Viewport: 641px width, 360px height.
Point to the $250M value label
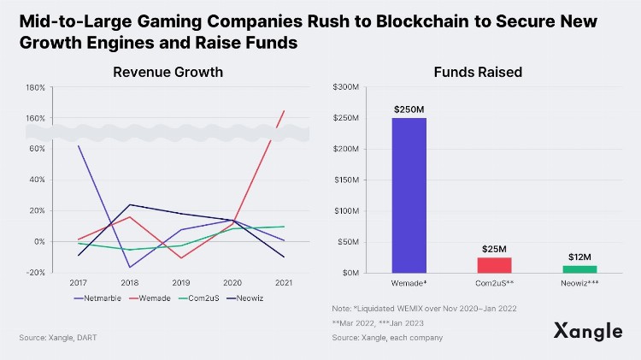(x=409, y=110)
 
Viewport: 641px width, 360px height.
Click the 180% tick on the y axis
(x=35, y=87)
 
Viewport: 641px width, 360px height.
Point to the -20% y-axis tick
(x=35, y=272)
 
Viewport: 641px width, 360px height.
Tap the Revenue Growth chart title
(x=168, y=72)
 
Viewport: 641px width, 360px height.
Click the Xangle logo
(x=586, y=331)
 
